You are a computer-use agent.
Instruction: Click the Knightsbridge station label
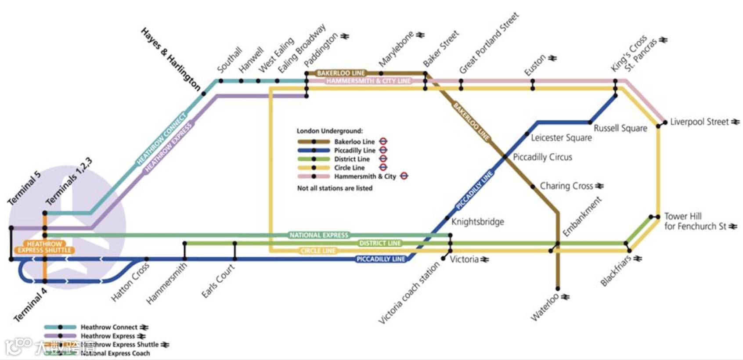[477, 222]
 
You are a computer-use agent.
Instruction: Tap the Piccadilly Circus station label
[542, 157]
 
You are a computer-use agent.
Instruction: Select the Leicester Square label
[561, 137]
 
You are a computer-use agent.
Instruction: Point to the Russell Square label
[620, 128]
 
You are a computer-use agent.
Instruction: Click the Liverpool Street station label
[699, 122]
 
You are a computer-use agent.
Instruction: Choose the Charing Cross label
[566, 186]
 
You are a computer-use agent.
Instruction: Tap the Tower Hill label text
[683, 216]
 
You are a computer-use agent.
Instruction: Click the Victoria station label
[464, 259]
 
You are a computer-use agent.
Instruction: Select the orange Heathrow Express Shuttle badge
[44, 247]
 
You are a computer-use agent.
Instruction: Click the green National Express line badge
[319, 235]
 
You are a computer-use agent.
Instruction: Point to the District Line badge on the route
[380, 243]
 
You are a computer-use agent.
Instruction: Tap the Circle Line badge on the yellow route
[318, 251]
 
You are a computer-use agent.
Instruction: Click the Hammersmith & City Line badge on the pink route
[368, 81]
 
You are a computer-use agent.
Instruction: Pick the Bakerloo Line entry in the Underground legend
[354, 141]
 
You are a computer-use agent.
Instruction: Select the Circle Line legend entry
[349, 168]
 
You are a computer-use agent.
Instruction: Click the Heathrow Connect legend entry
[108, 327]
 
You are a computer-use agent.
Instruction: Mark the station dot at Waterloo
[558, 289]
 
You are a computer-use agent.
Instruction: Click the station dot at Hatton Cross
[146, 259]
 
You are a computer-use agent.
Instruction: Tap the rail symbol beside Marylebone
[420, 35]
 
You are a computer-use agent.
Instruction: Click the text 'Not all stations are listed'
[335, 188]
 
